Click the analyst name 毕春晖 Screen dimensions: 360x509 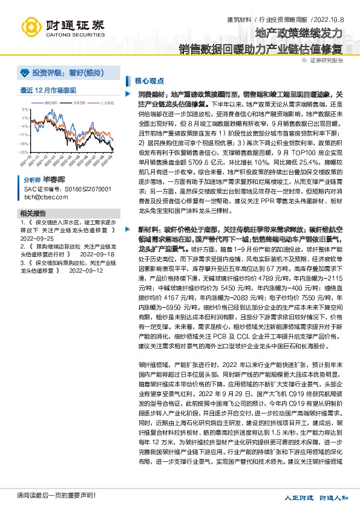coord(54,180)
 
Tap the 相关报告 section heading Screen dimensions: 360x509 coord(33,214)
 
